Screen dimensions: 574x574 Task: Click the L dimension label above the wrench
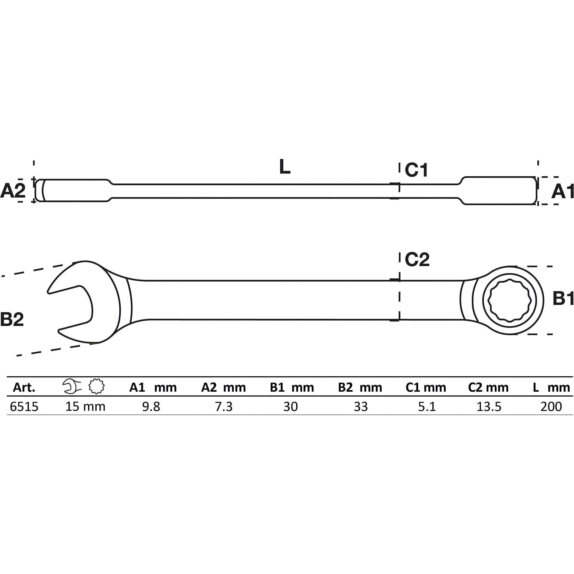(285, 167)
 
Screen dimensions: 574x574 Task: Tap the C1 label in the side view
(416, 170)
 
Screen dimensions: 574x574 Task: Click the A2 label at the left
(13, 191)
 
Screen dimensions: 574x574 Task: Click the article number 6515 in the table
(24, 406)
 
